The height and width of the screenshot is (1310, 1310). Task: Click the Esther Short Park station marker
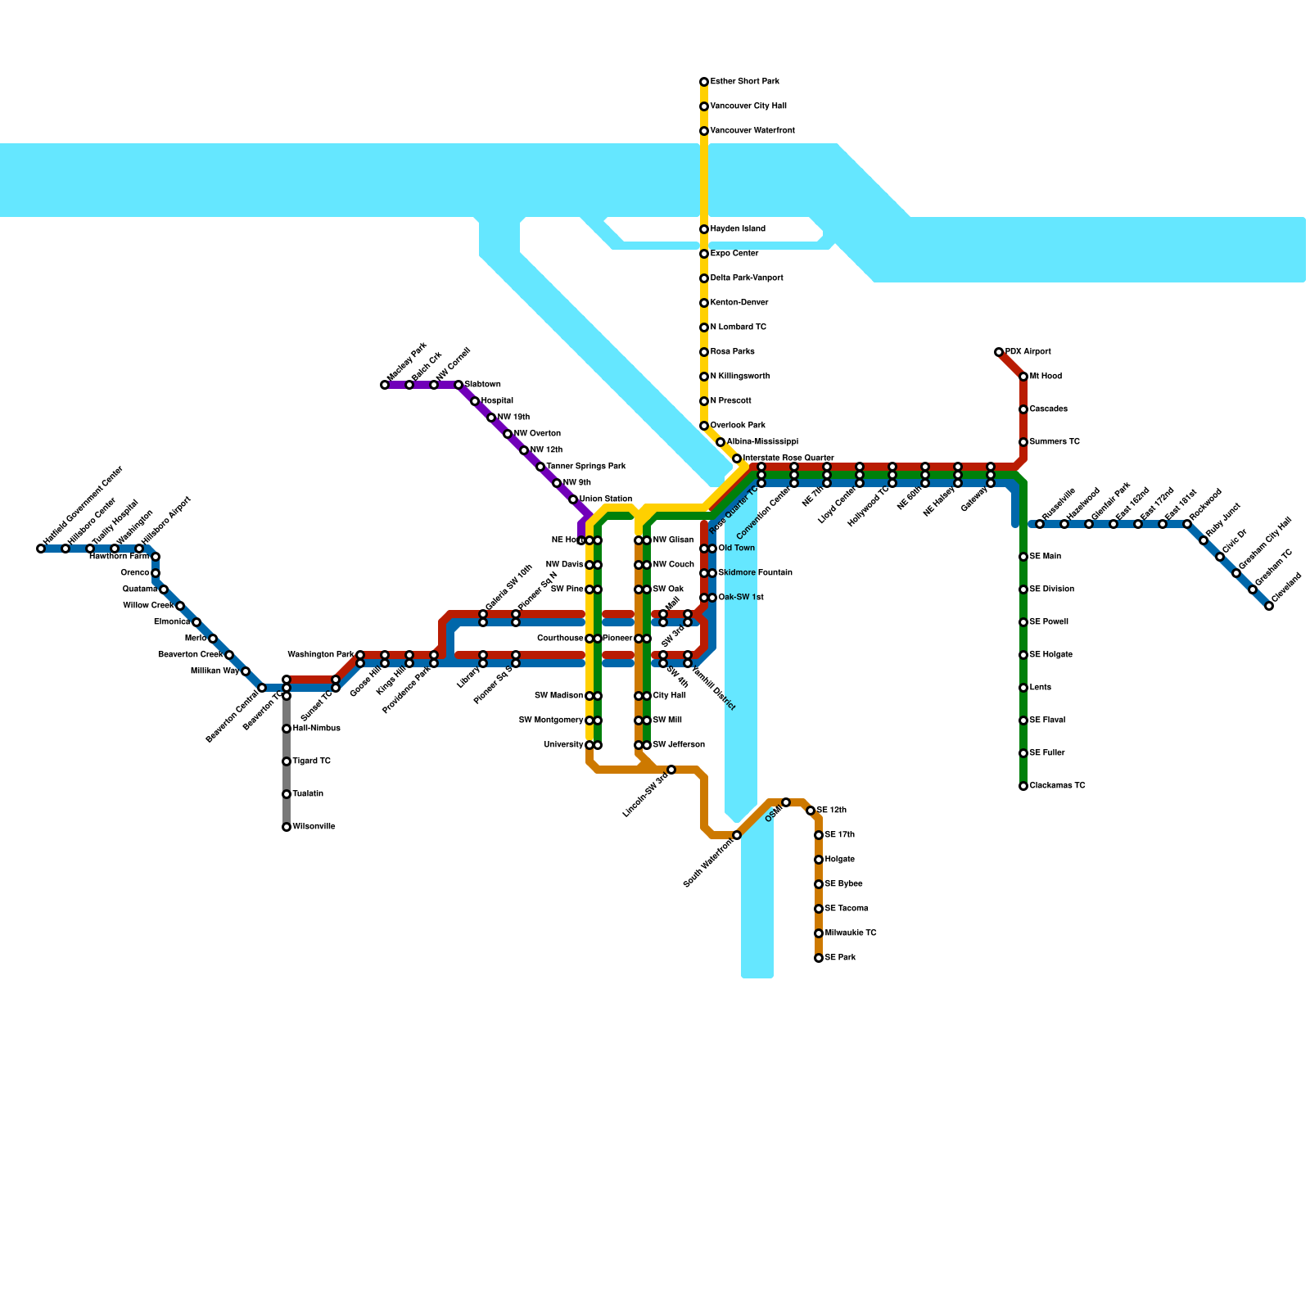pyautogui.click(x=704, y=82)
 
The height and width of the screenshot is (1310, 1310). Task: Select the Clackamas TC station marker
pyautogui.click(x=1023, y=786)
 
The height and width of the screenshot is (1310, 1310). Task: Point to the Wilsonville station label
pyautogui.click(x=314, y=827)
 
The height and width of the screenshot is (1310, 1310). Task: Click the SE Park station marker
pyautogui.click(x=819, y=958)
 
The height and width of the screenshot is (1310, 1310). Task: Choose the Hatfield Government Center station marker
pyautogui.click(x=41, y=549)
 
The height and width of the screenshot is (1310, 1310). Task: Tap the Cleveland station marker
pyautogui.click(x=1269, y=606)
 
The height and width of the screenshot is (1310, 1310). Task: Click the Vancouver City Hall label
pyautogui.click(x=748, y=106)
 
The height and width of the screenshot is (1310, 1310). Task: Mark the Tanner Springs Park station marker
pyautogui.click(x=540, y=467)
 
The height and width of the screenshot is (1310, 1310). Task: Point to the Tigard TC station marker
pyautogui.click(x=287, y=761)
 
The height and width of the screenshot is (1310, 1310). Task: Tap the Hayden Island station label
pyautogui.click(x=738, y=229)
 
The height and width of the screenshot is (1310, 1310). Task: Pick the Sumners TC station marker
pyautogui.click(x=1023, y=442)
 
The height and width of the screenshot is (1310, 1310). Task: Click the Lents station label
pyautogui.click(x=1040, y=688)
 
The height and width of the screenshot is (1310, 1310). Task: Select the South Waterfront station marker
pyautogui.click(x=737, y=835)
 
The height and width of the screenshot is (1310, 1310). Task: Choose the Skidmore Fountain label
pyautogui.click(x=755, y=573)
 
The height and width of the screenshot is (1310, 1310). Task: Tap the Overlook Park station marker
pyautogui.click(x=704, y=426)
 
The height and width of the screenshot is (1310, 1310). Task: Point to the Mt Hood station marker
pyautogui.click(x=1023, y=377)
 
